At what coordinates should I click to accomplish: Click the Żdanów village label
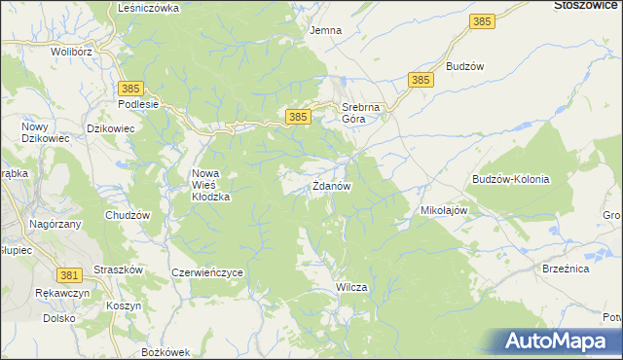(331, 185)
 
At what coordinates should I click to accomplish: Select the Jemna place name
(325, 30)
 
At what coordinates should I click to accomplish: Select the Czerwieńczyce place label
(206, 273)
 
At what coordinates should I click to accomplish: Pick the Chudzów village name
(128, 215)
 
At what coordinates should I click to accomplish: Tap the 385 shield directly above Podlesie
(133, 88)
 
